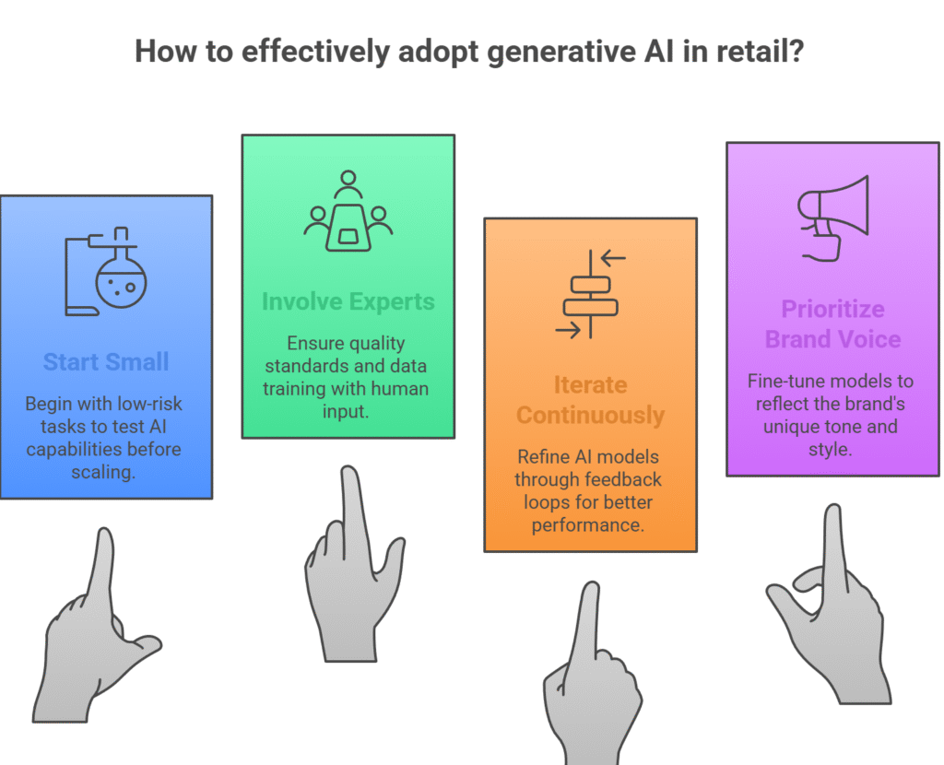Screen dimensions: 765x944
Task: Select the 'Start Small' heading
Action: (106, 361)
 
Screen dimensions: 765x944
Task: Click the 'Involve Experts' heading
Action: (347, 301)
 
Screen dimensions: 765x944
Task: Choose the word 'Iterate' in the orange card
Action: (590, 384)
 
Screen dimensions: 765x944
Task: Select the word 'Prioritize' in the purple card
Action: (832, 309)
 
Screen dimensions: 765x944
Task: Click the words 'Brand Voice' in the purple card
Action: (832, 339)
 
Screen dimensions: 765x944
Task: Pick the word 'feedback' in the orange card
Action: (625, 480)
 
